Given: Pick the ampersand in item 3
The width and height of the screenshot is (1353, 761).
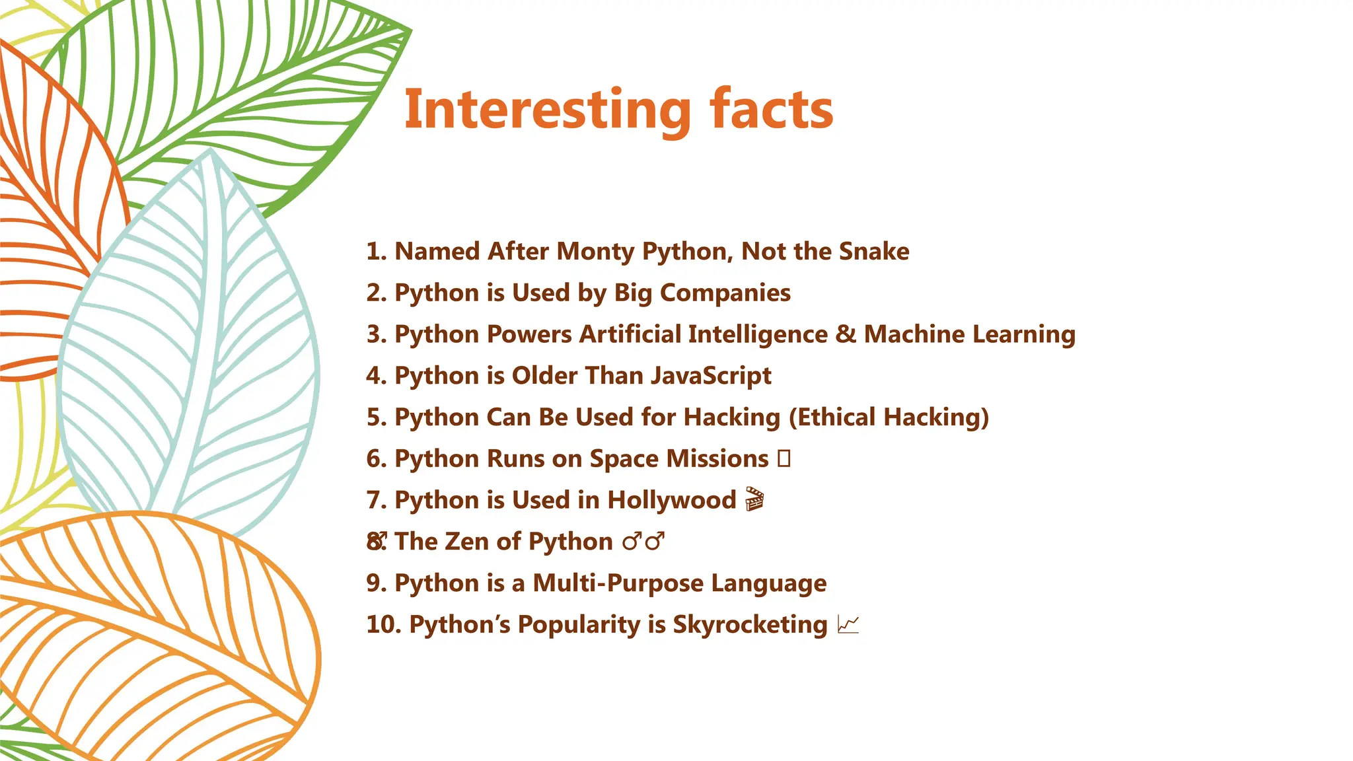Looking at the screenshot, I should (x=846, y=334).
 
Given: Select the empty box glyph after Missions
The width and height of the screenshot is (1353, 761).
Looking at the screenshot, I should (x=784, y=458).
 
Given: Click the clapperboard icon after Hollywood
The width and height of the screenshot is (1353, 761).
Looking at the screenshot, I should (x=754, y=499).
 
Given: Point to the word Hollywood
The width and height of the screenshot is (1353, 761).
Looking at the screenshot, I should (x=671, y=500).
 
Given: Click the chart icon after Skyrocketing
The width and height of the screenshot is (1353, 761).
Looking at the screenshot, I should (x=848, y=624).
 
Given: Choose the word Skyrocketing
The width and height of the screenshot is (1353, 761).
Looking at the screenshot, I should (x=750, y=625).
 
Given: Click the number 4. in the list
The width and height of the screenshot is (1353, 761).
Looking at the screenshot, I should (x=377, y=376).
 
